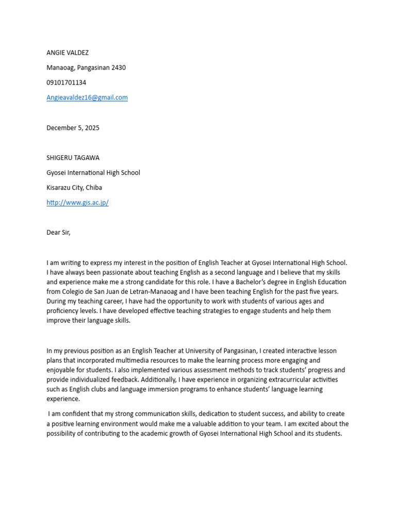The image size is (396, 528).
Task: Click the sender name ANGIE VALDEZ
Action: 68,53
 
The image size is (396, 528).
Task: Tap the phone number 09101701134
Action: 67,82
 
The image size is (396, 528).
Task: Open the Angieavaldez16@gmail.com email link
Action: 87,97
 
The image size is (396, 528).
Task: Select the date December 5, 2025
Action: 73,128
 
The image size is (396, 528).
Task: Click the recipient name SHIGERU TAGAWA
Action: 72,158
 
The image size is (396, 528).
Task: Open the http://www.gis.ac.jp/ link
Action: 77,203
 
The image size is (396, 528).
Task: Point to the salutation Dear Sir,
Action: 58,233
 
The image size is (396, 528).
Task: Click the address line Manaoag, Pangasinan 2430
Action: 86,68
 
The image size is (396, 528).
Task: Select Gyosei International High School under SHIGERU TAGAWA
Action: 93,173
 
